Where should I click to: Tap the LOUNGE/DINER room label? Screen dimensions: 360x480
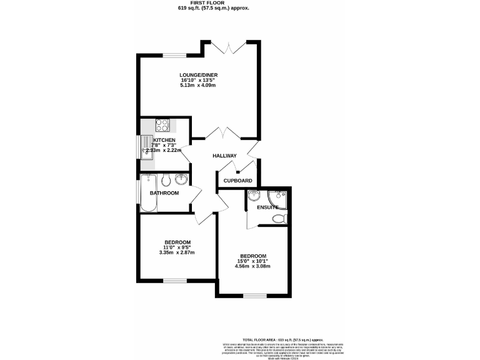[198, 74]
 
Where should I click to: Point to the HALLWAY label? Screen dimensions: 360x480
[224, 156]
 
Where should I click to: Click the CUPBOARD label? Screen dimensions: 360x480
[238, 181]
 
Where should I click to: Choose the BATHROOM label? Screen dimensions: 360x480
[164, 193]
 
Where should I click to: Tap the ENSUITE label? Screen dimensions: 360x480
[267, 207]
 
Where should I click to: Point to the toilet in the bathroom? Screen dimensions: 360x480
[166, 181]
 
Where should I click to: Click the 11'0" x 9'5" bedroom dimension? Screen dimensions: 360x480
[177, 247]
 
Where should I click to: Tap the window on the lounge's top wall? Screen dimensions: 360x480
[173, 56]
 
